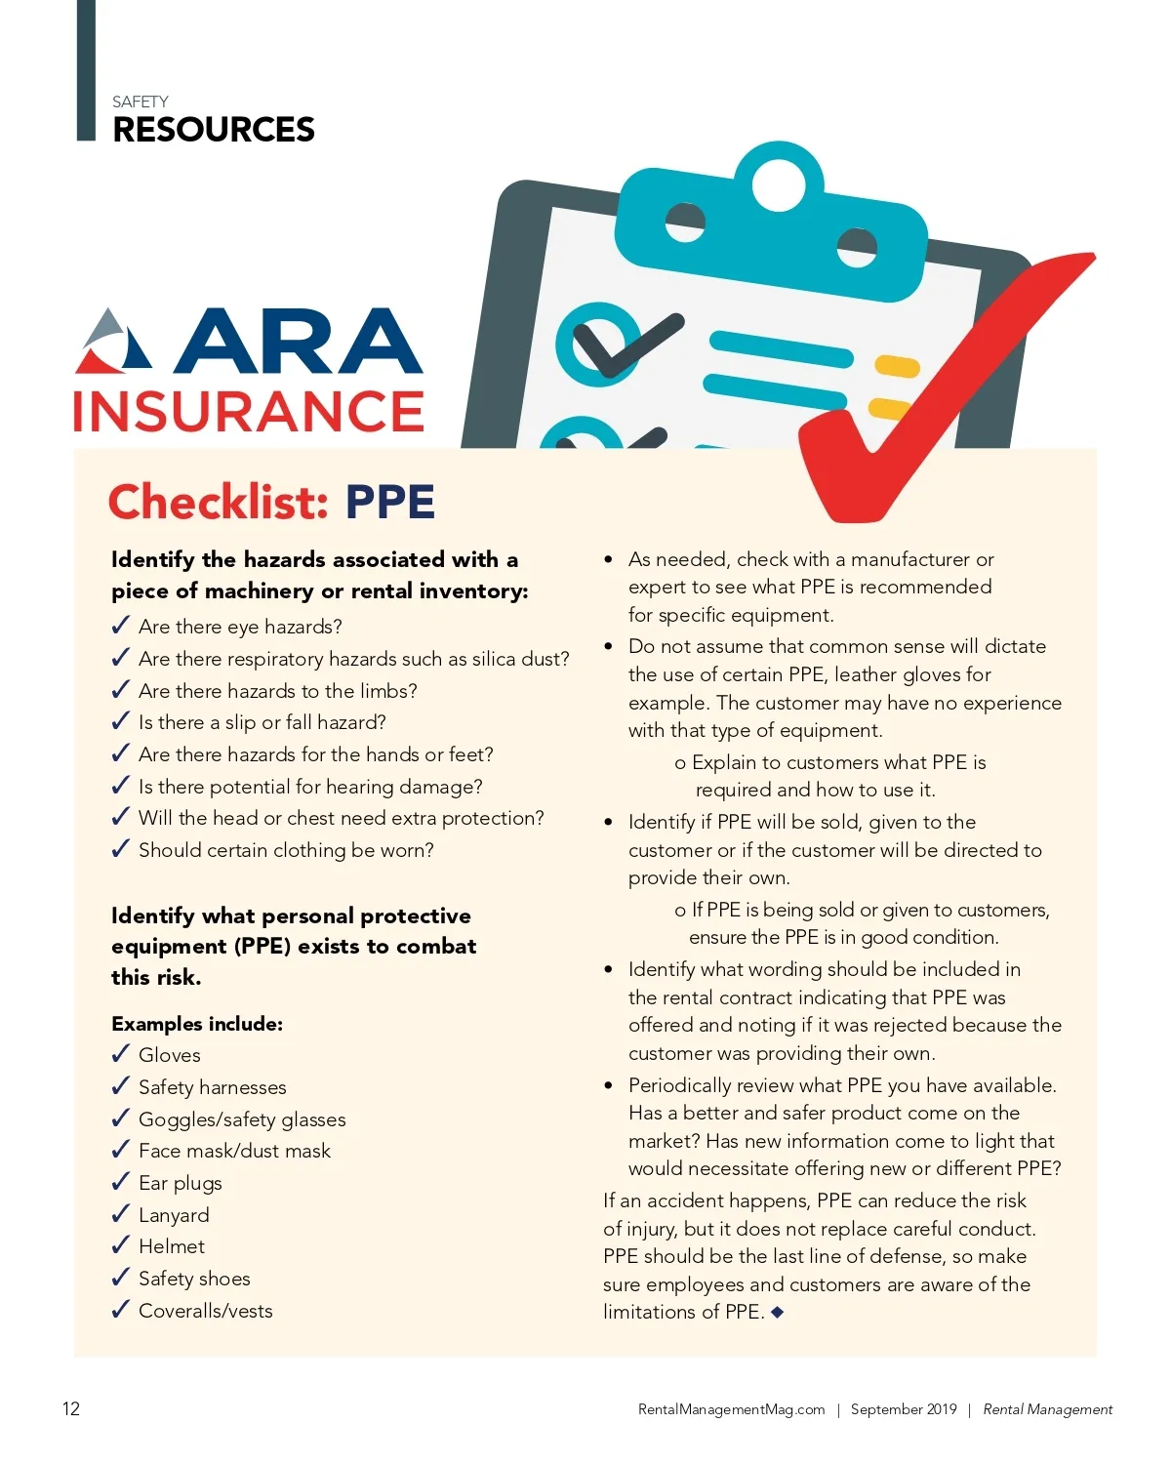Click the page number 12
click(x=71, y=1408)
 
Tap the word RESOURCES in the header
click(x=214, y=130)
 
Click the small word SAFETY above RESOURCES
click(x=140, y=102)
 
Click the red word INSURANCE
click(x=249, y=411)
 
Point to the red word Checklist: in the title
click(x=218, y=502)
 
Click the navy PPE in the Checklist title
click(x=389, y=502)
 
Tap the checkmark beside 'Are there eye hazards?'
click(x=121, y=626)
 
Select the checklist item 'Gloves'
click(x=170, y=1055)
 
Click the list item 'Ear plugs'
click(x=181, y=1183)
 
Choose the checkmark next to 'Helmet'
click(x=121, y=1245)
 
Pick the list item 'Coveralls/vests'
click(x=206, y=1311)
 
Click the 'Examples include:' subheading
click(x=197, y=1024)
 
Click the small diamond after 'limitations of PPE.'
click(x=778, y=1313)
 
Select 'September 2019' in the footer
click(x=904, y=1409)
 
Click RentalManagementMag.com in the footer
click(x=731, y=1409)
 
